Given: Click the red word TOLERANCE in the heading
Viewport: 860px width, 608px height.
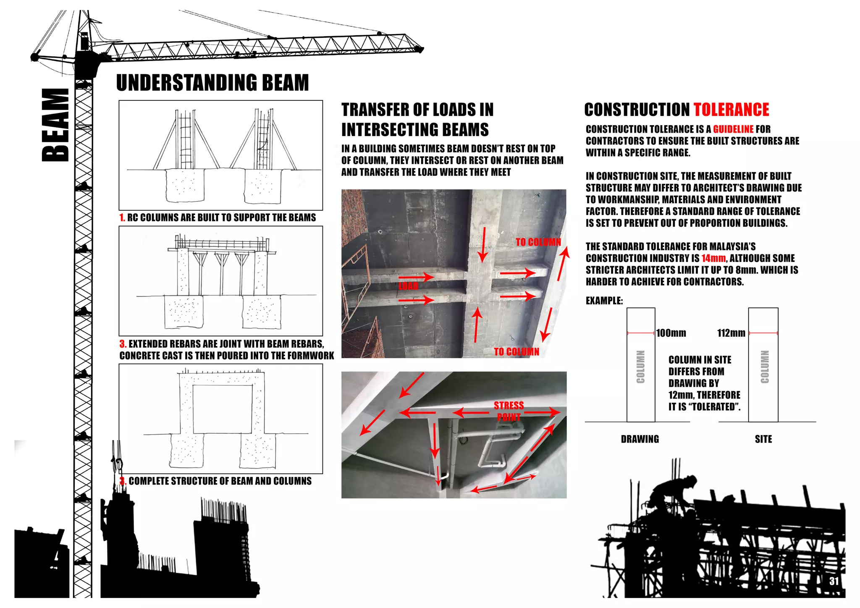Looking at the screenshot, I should (x=731, y=110).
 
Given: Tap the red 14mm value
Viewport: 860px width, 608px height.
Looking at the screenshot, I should (x=713, y=258).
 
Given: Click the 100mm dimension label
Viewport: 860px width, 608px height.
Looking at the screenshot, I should (x=671, y=333).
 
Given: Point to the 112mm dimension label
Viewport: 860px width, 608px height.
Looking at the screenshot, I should (x=731, y=333).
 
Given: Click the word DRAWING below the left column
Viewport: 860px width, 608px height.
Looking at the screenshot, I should (x=640, y=439).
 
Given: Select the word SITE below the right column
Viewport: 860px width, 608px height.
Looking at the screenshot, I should (x=763, y=439).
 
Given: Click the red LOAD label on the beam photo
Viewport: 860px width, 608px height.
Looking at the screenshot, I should (x=408, y=286).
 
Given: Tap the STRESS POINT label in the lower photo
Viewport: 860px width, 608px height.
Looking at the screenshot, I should (x=509, y=411).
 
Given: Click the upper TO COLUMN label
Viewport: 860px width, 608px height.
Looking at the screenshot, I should (x=538, y=242).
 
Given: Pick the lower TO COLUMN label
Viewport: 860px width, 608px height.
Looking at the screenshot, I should (x=516, y=352).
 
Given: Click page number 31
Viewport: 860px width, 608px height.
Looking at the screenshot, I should (x=834, y=581).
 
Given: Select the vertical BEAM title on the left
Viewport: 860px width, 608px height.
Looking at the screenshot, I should (x=55, y=125).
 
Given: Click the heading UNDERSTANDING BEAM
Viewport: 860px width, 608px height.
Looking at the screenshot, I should (x=212, y=83).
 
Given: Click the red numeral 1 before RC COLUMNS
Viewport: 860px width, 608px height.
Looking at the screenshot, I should (x=122, y=218).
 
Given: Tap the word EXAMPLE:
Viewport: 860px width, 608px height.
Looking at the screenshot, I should (x=604, y=301).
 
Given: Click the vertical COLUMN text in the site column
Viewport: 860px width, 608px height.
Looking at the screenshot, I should (x=765, y=367).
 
